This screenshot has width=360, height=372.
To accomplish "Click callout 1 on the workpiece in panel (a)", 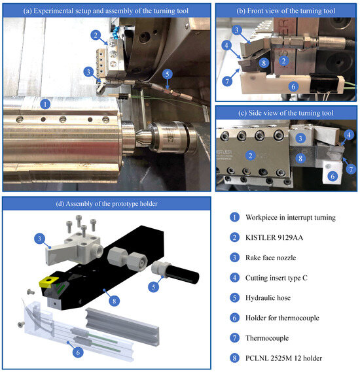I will tap(44, 103).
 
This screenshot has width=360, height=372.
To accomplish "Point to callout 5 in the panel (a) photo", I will tap(168, 74).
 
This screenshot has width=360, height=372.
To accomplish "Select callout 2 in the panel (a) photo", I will tap(96, 35).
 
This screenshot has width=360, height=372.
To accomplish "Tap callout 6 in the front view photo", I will tap(293, 86).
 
